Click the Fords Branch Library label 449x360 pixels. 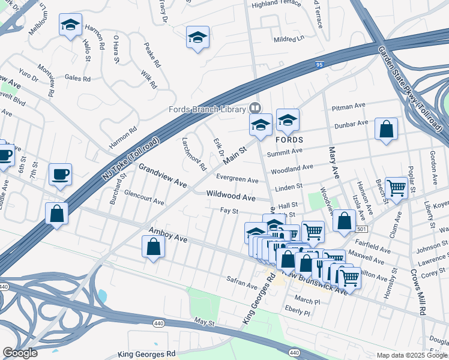click(208, 109)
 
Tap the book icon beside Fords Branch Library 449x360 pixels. click(255, 109)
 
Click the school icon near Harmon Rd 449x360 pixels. click(70, 26)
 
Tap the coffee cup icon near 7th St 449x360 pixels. click(60, 175)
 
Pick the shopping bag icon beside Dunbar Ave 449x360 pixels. click(386, 130)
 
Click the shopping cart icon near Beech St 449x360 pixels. click(396, 188)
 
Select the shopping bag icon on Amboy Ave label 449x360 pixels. click(153, 247)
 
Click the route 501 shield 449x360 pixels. click(360, 229)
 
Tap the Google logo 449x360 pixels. click(20, 352)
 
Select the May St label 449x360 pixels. click(204, 323)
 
